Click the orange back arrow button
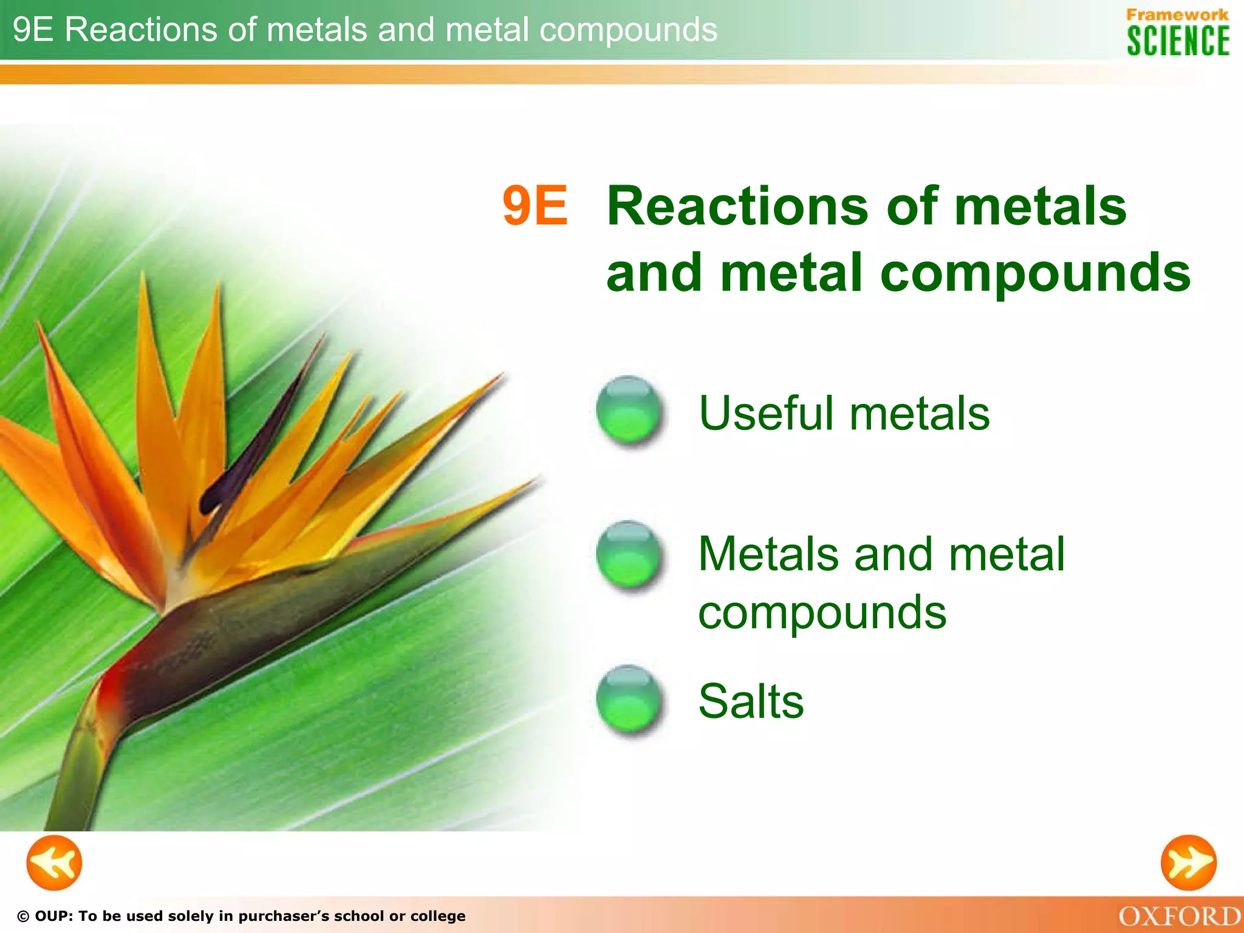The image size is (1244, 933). point(54,863)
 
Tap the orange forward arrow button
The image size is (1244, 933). point(1188,863)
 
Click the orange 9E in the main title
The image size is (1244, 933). point(535,206)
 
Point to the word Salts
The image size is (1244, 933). point(751,701)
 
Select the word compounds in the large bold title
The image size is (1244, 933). point(1035,273)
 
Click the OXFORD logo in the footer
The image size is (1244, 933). point(1180,917)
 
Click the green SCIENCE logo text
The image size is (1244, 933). point(1178,41)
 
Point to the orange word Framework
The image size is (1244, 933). point(1177,15)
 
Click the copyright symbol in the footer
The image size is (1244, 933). point(23,917)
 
